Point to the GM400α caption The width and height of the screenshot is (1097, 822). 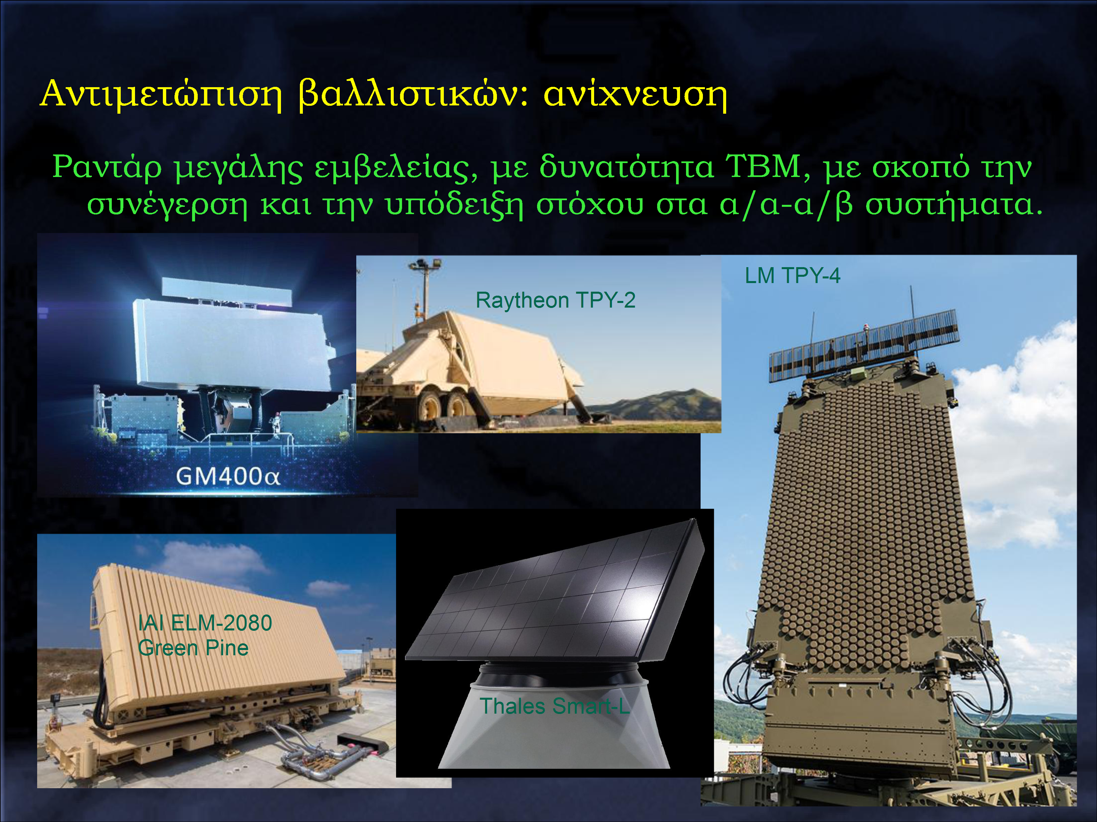[x=228, y=477]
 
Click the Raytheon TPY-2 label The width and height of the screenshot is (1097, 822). [x=555, y=300]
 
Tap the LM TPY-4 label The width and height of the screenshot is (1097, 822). [x=792, y=275]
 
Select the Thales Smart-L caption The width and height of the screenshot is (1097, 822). [x=554, y=706]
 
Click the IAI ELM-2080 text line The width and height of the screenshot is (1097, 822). [x=205, y=623]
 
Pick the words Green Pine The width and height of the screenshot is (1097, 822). [x=193, y=648]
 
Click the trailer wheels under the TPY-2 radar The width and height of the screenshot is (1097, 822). [x=443, y=403]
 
